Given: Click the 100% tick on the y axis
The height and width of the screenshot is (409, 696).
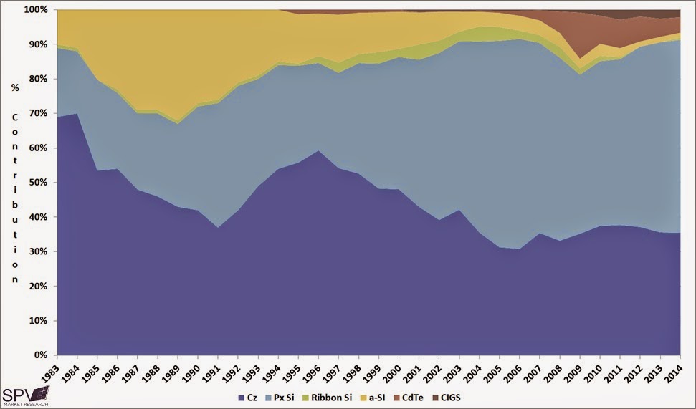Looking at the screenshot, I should click(x=35, y=10).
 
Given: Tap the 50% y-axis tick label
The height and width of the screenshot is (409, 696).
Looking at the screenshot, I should click(x=37, y=183).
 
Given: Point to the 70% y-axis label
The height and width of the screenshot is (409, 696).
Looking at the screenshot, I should click(x=37, y=113).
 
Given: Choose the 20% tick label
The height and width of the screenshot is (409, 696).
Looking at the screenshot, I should click(x=37, y=287).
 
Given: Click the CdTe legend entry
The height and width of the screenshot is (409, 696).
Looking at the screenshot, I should click(x=422, y=397).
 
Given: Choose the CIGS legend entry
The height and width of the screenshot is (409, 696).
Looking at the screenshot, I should click(x=463, y=397).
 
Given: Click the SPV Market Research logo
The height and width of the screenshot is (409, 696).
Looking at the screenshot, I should click(x=25, y=396).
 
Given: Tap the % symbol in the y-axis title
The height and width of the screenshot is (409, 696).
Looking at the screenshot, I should click(x=14, y=107).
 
